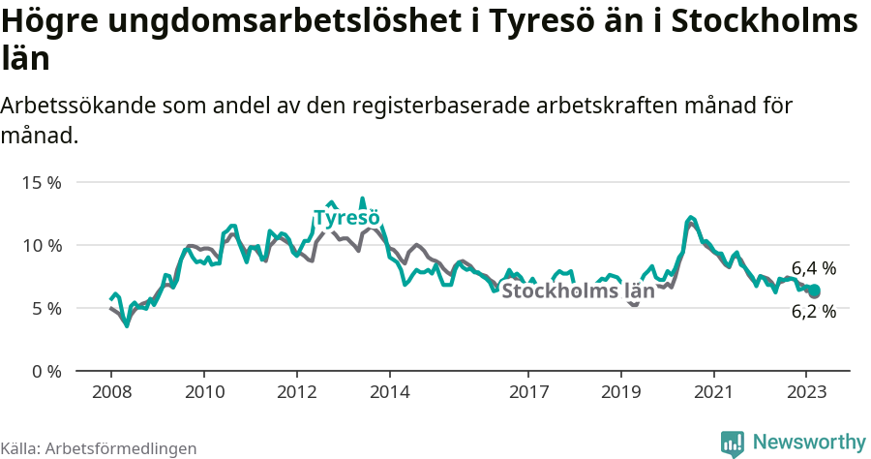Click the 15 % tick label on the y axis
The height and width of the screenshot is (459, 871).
41,182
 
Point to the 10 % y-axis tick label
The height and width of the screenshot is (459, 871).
41,245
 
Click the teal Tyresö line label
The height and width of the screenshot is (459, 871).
345,218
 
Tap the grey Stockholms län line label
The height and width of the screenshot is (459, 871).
579,291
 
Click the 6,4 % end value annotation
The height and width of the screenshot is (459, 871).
814,268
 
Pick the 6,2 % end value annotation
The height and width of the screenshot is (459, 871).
814,312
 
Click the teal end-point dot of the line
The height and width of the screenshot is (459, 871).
815,291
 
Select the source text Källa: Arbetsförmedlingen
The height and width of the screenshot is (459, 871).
99,448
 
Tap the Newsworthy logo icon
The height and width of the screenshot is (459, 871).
733,444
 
